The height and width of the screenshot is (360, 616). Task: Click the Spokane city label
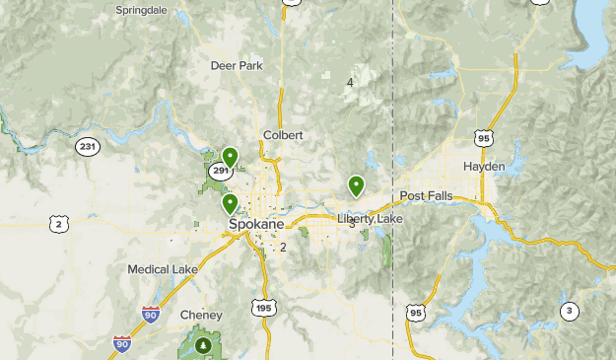256,225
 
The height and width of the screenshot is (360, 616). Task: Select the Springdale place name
141,10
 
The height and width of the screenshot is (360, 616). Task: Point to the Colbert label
283,135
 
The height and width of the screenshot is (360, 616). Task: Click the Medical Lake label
163,269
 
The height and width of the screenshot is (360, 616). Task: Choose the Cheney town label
201,316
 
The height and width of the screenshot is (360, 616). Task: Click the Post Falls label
427,196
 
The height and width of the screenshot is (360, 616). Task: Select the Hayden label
483,167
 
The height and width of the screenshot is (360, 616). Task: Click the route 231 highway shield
88,147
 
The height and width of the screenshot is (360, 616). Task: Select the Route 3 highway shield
568,312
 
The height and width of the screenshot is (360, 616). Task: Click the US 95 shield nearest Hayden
482,139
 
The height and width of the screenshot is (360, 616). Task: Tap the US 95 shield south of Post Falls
416,313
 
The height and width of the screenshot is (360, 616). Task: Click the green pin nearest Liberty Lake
356,184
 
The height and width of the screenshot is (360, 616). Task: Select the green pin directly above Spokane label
231,203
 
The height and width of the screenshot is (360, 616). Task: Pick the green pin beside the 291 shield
231,156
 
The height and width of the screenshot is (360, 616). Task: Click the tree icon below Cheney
203,345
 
